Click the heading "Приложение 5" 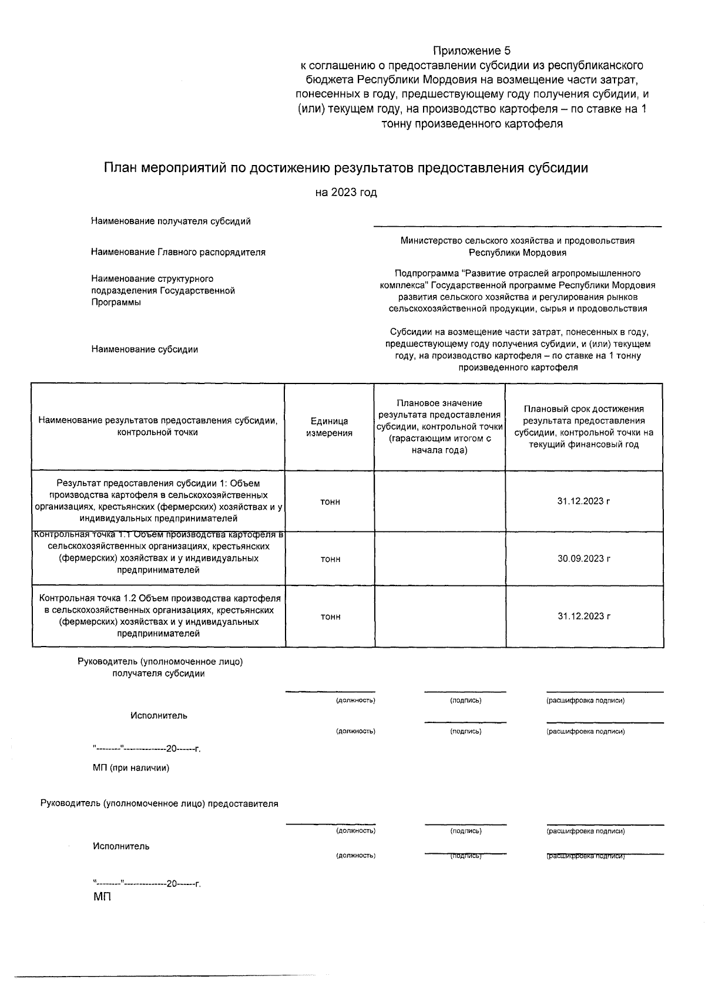[472, 51]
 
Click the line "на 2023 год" [346, 193]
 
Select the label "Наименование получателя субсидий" [171, 221]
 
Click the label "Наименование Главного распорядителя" [178, 252]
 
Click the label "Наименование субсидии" [145, 349]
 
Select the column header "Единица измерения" [330, 427]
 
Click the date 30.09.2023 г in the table [584, 558]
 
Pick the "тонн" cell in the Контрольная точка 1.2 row [330, 617]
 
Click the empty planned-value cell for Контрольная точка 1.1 [439, 558]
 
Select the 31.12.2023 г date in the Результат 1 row [584, 502]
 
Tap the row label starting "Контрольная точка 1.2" [159, 616]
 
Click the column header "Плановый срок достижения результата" [584, 427]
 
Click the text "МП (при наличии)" [131, 768]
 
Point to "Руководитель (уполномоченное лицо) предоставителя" [159, 804]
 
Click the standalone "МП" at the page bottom [102, 897]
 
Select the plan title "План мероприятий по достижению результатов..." [346, 169]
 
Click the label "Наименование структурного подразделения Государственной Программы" [163, 290]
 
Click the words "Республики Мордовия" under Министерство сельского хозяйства [517, 253]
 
